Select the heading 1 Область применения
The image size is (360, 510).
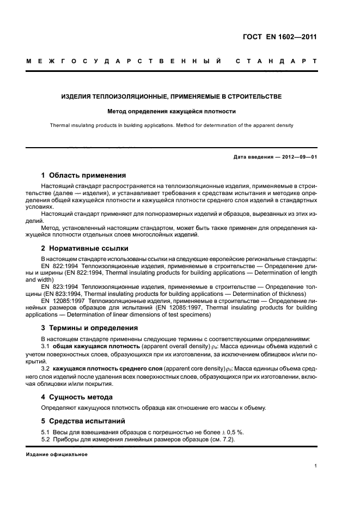tap(83, 175)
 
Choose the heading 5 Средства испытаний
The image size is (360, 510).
tap(83, 421)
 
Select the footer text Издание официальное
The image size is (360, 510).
tap(57, 454)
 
